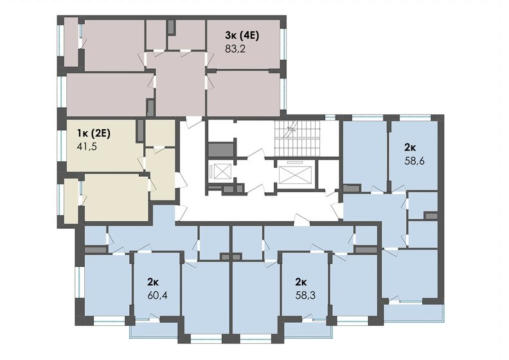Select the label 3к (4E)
[x=242, y=34]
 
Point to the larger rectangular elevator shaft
[x=294, y=172]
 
